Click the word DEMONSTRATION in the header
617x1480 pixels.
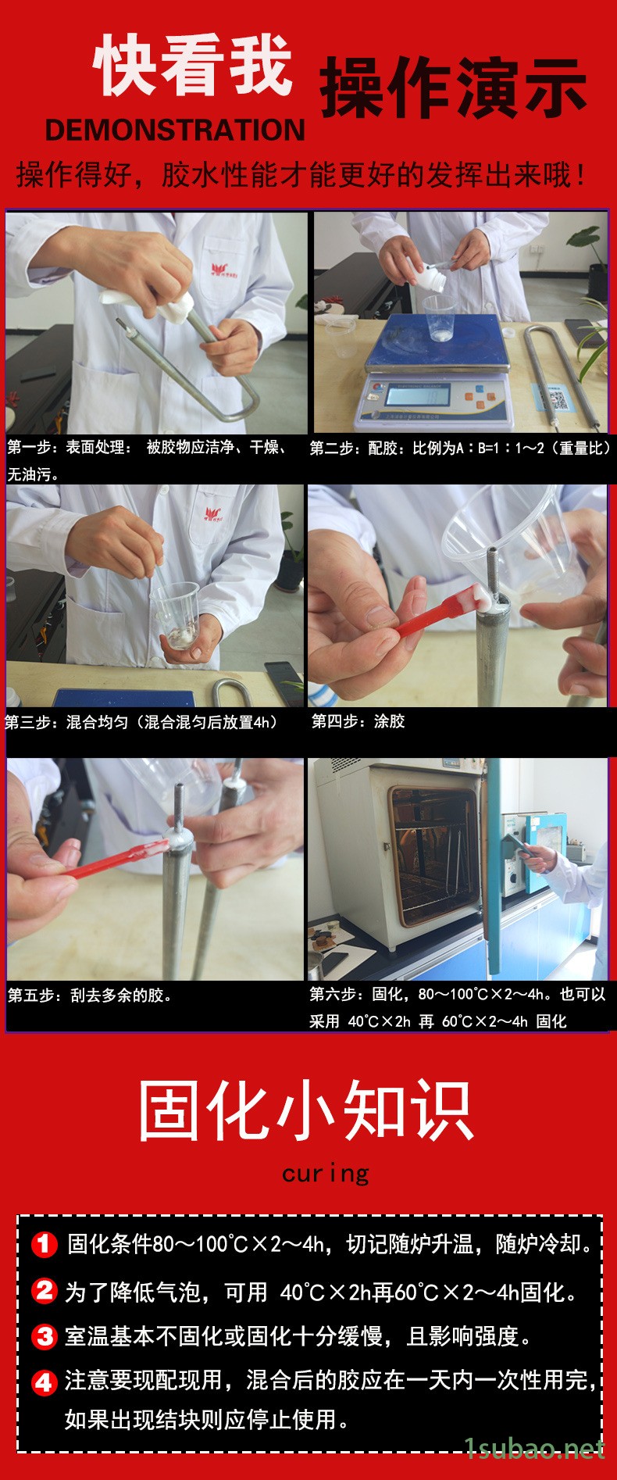point(175,130)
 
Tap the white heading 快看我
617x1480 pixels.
point(194,68)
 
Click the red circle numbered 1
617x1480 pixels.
point(45,1243)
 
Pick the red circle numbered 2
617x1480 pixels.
point(45,1289)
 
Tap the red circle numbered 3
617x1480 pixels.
point(45,1336)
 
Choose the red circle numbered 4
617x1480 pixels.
point(45,1383)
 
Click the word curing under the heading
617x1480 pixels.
point(326,1174)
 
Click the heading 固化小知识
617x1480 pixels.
point(306,1110)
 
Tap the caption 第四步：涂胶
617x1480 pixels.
point(358,721)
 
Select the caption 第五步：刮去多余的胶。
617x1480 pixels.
point(91,996)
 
